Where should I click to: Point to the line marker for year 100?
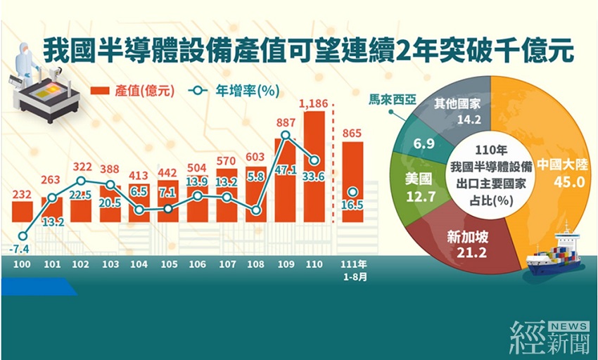pyautogui.click(x=23, y=236)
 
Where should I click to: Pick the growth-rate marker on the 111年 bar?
pyautogui.click(x=352, y=191)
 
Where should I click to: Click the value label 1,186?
pyautogui.click(x=314, y=104)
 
